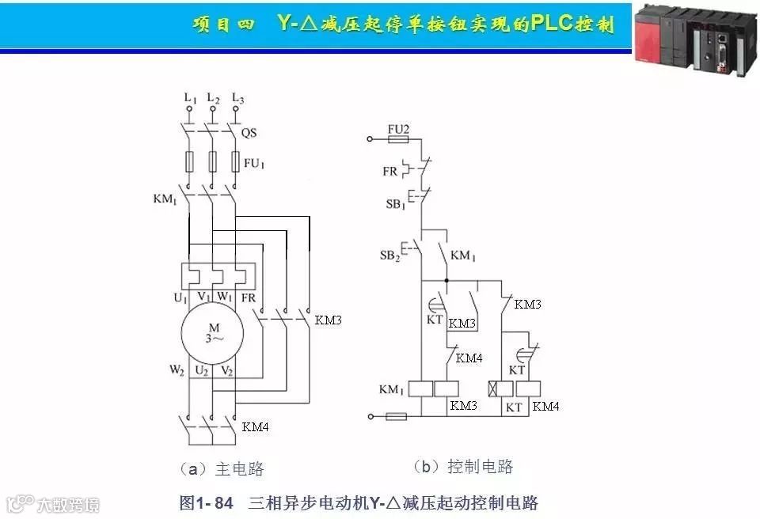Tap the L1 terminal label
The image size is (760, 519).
189,99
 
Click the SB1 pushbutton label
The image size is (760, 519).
395,203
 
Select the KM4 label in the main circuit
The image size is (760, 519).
255,426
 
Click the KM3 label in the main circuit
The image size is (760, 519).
328,320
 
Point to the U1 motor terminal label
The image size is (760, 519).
180,298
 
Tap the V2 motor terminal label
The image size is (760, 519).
226,369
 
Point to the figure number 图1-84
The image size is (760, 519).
206,502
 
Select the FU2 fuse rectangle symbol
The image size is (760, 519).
398,139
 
